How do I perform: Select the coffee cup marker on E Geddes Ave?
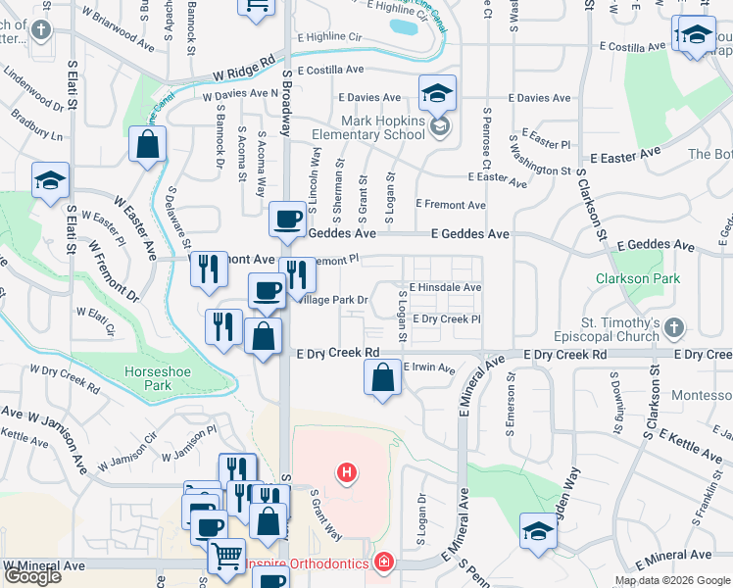tap(287, 220)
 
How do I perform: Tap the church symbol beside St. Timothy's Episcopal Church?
tap(672, 327)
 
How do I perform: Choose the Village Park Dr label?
tap(333, 300)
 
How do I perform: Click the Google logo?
tap(32, 576)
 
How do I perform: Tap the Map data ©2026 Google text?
tap(672, 580)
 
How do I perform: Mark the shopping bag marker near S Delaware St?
tap(147, 145)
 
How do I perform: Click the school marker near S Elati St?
tap(50, 180)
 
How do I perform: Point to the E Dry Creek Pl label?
tap(446, 319)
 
